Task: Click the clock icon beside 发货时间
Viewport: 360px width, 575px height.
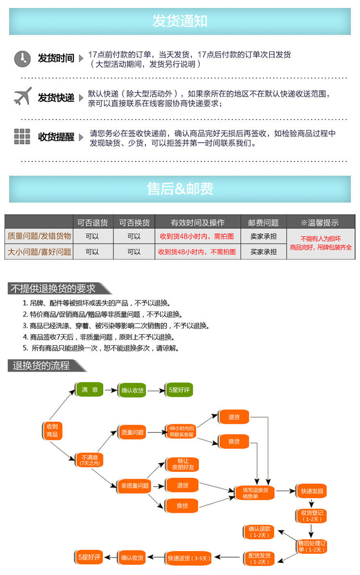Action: point(23,59)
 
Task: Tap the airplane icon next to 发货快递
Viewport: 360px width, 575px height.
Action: point(23,96)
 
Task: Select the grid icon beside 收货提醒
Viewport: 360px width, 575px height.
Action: point(22,136)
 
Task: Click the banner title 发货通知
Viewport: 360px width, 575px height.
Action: point(180,21)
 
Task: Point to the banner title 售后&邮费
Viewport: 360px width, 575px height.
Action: point(180,189)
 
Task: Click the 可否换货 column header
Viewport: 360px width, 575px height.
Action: point(134,223)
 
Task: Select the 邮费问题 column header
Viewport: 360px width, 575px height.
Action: point(263,223)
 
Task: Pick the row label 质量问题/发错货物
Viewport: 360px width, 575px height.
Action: point(39,236)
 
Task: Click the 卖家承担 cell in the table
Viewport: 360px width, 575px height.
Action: point(263,236)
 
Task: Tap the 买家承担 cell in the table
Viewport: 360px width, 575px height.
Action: point(263,252)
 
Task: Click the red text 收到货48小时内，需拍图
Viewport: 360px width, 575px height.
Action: point(197,236)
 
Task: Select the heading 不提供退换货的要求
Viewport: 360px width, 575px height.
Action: point(53,288)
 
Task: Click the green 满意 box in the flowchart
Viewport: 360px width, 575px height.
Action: point(89,389)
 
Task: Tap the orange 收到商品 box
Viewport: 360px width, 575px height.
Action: point(52,431)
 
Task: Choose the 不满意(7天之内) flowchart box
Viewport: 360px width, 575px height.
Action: point(89,460)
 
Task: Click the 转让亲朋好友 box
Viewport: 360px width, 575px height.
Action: point(182,464)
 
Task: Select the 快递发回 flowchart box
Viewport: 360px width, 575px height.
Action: point(312,491)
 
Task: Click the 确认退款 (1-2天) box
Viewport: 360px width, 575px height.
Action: point(259,532)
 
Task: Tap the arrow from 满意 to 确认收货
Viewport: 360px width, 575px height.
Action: point(111,390)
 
